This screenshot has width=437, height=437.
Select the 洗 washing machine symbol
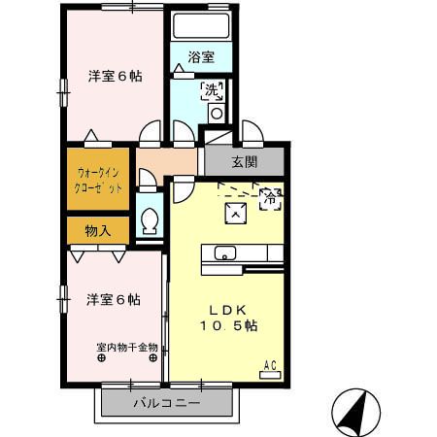(x=213, y=91)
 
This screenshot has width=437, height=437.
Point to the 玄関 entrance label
(x=245, y=160)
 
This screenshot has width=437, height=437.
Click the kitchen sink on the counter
(x=224, y=254)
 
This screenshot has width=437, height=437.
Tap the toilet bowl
(x=150, y=222)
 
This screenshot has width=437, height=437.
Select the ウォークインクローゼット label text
(x=98, y=181)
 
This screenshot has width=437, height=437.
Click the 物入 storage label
(x=98, y=230)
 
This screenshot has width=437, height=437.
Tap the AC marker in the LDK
(x=272, y=365)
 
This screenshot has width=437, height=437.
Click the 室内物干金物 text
(x=128, y=347)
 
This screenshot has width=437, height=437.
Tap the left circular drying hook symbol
(x=101, y=358)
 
